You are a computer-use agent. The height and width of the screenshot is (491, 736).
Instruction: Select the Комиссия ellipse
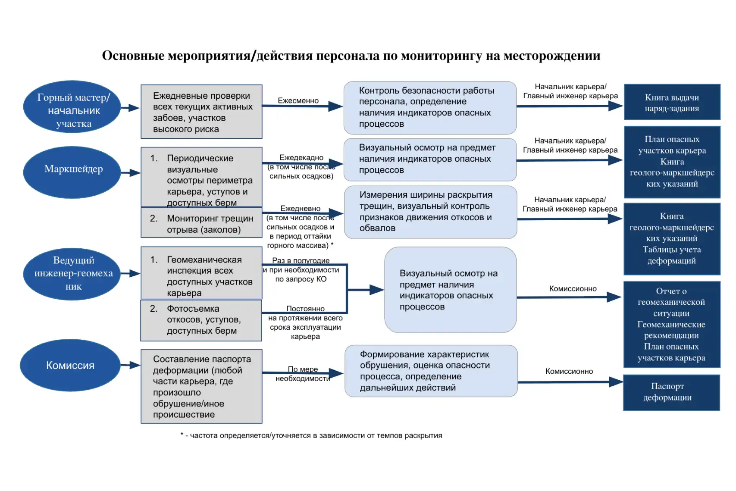tap(70, 365)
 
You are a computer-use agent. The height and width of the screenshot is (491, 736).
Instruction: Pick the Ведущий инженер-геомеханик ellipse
tap(72, 273)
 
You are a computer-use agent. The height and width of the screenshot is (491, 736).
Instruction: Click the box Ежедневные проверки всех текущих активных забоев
tap(201, 112)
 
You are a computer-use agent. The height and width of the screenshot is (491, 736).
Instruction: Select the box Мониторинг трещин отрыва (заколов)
tap(201, 223)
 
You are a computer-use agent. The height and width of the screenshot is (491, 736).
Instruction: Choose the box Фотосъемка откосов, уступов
tap(201, 320)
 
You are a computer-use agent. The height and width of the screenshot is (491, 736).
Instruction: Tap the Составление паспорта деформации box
tap(201, 386)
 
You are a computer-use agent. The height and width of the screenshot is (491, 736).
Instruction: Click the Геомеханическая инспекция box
tap(201, 272)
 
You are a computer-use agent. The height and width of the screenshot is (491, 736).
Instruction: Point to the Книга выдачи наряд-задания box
tap(672, 102)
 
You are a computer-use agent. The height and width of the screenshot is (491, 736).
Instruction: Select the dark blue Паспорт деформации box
tap(671, 392)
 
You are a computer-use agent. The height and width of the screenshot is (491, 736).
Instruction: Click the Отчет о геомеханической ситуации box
tap(671, 324)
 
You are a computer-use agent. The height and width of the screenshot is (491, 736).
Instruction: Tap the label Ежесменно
tap(298, 100)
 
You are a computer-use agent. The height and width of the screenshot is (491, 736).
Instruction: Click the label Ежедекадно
tap(301, 158)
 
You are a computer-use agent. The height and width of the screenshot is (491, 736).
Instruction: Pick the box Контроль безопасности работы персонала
tap(430, 108)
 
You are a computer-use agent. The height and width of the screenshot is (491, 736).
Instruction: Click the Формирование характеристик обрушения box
tap(431, 371)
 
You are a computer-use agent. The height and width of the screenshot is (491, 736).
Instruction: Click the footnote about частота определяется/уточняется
tap(311, 435)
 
